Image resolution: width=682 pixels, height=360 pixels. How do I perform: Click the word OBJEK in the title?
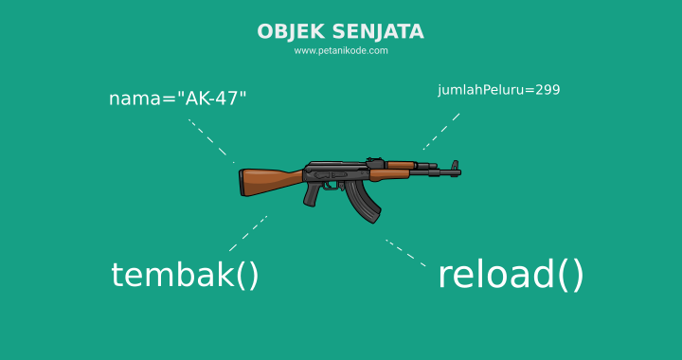pyautogui.click(x=282, y=32)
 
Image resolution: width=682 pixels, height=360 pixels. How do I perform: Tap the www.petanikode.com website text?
pyautogui.click(x=341, y=51)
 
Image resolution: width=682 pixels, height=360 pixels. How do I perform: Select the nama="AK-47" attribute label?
pyautogui.click(x=178, y=99)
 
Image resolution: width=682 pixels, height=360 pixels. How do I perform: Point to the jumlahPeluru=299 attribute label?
pyautogui.click(x=499, y=91)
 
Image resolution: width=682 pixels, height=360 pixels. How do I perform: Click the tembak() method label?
pyautogui.click(x=185, y=275)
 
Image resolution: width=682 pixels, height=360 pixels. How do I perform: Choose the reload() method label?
pyautogui.click(x=511, y=275)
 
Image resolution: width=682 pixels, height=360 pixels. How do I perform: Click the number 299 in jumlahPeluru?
pyautogui.click(x=547, y=91)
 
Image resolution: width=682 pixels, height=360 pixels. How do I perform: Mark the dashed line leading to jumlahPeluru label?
pyautogui.click(x=441, y=132)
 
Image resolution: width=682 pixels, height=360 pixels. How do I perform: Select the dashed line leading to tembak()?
pyautogui.click(x=248, y=233)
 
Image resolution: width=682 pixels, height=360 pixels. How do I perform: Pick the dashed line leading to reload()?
pyautogui.click(x=405, y=252)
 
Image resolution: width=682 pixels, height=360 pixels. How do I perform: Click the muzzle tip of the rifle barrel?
pyautogui.click(x=458, y=171)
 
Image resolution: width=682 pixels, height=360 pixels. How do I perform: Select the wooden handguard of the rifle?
pyautogui.click(x=390, y=173)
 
